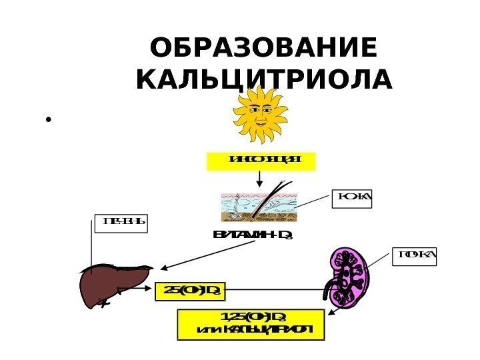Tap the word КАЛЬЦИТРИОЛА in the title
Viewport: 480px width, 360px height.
pos(263,79)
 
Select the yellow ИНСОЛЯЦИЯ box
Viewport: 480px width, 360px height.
pos(259,160)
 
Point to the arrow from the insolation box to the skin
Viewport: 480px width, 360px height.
pos(259,179)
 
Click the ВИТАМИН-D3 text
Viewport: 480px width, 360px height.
pos(254,235)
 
